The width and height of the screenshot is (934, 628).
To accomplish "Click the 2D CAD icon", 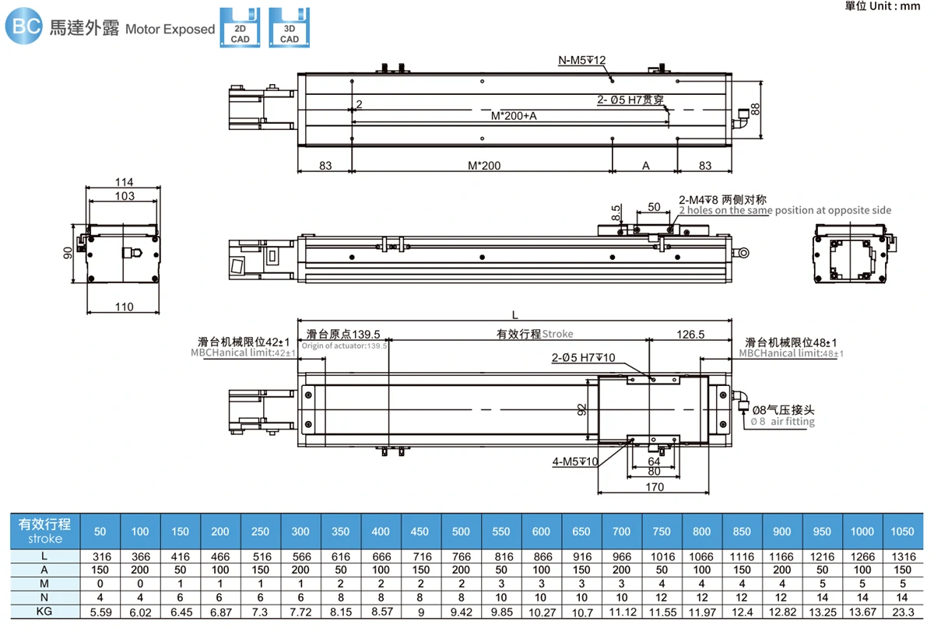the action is pyautogui.click(x=240, y=27).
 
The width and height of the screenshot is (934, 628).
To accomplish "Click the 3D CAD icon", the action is pyautogui.click(x=290, y=27).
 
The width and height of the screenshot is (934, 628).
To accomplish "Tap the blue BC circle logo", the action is pyautogui.click(x=24, y=26).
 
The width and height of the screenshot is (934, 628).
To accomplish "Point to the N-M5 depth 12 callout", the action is pyautogui.click(x=581, y=60).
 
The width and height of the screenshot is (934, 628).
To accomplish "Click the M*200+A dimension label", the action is pyautogui.click(x=514, y=116).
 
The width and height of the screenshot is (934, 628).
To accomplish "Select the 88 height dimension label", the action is pyautogui.click(x=755, y=109).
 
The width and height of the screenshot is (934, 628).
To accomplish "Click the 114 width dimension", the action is pyautogui.click(x=125, y=182).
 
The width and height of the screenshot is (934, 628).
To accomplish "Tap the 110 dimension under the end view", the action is pyautogui.click(x=125, y=307).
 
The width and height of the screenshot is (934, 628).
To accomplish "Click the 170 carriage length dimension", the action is pyautogui.click(x=655, y=486).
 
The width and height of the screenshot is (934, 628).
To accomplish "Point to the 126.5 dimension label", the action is pyautogui.click(x=690, y=335).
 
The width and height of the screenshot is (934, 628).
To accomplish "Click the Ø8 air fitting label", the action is pyautogui.click(x=783, y=416).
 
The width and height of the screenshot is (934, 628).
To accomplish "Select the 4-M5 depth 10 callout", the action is pyautogui.click(x=575, y=461).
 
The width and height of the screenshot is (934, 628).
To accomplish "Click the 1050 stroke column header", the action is pyautogui.click(x=902, y=532).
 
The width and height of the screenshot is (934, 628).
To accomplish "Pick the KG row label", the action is pyautogui.click(x=44, y=612).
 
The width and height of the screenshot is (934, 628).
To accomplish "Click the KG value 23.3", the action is pyautogui.click(x=903, y=612).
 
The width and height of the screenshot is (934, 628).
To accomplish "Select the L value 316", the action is pyautogui.click(x=102, y=556).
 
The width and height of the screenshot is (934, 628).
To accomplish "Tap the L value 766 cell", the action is pyautogui.click(x=461, y=556).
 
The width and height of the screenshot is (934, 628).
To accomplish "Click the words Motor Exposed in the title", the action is pyautogui.click(x=170, y=30).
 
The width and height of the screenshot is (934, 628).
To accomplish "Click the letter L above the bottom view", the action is pyautogui.click(x=515, y=315).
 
